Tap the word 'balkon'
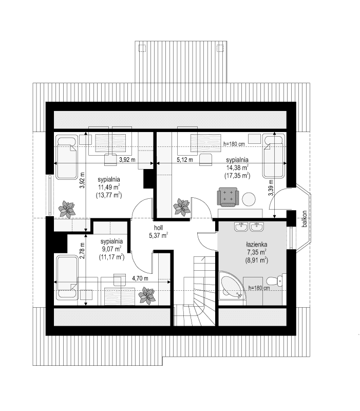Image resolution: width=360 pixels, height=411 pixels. (305, 219)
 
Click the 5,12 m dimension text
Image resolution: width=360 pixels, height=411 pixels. (184, 160)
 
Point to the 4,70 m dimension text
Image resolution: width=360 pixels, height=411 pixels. (140, 278)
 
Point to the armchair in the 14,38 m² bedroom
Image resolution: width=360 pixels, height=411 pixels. (229, 196)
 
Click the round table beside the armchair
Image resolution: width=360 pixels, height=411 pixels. (250, 198)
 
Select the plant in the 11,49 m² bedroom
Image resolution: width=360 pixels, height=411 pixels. (66, 209)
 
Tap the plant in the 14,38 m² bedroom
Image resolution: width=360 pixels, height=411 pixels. (181, 207)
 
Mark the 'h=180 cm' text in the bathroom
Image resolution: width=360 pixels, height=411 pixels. (259, 288)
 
